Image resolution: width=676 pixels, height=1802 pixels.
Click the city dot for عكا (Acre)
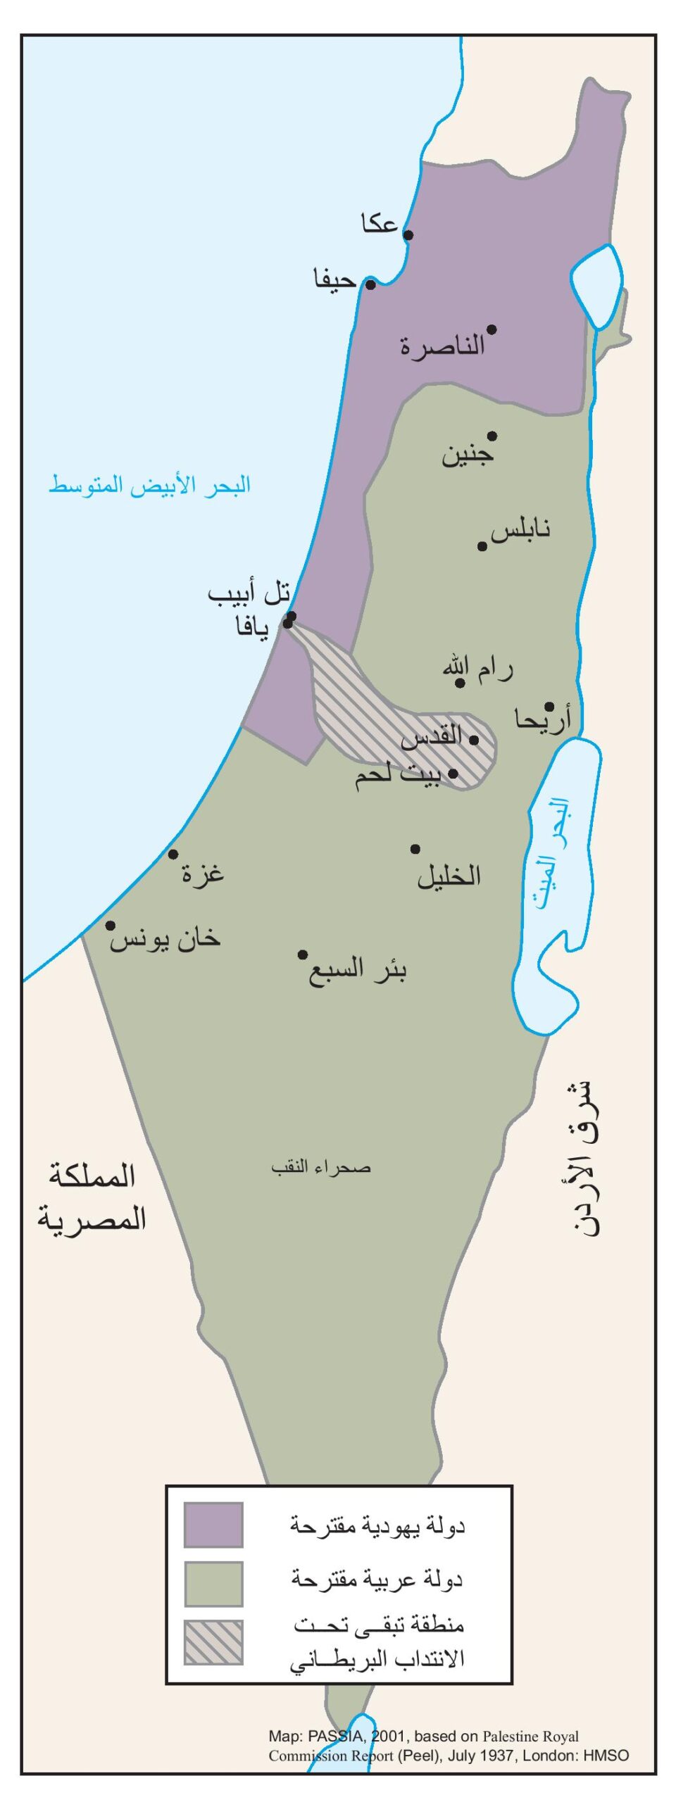tap(408, 234)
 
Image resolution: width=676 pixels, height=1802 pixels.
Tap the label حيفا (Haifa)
tap(335, 279)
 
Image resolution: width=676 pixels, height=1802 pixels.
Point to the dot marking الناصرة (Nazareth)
tap(492, 329)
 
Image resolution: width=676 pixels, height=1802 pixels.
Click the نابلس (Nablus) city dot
tap(482, 546)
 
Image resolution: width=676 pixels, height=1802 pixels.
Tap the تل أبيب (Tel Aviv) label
tap(249, 593)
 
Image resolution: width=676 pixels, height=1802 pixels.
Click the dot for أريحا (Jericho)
tap(549, 706)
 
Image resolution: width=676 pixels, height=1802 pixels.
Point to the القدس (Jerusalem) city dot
tap(474, 740)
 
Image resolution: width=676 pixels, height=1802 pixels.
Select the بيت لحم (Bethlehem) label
tap(399, 776)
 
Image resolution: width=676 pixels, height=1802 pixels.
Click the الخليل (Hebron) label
tap(449, 876)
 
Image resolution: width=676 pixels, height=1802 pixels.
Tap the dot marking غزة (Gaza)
tap(173, 855)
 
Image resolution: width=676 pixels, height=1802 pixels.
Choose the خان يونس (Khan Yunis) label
tap(165, 939)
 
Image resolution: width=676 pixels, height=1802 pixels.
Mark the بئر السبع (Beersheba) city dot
tap(303, 954)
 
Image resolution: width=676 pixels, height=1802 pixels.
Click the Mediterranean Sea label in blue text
tap(150, 485)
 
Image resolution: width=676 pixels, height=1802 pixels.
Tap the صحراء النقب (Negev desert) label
tap(321, 1168)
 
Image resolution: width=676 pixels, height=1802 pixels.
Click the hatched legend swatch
tap(213, 1642)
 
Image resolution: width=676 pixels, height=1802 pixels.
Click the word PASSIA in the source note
tap(334, 1737)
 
